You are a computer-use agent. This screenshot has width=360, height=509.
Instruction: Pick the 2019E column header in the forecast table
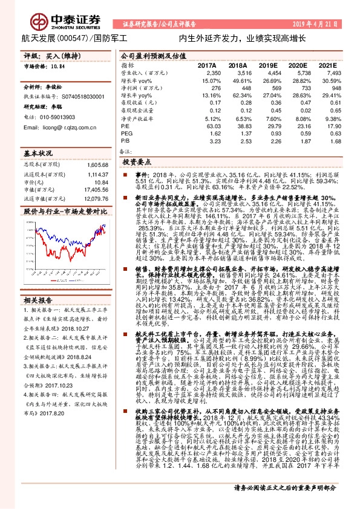pyautogui.click(x=267, y=65)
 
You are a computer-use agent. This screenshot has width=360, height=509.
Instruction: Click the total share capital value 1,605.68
pyautogui.click(x=96, y=164)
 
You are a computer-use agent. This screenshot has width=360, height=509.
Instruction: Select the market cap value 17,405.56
pyautogui.click(x=94, y=190)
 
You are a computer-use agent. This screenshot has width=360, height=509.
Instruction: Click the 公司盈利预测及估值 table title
pyautogui.click(x=145, y=54)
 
